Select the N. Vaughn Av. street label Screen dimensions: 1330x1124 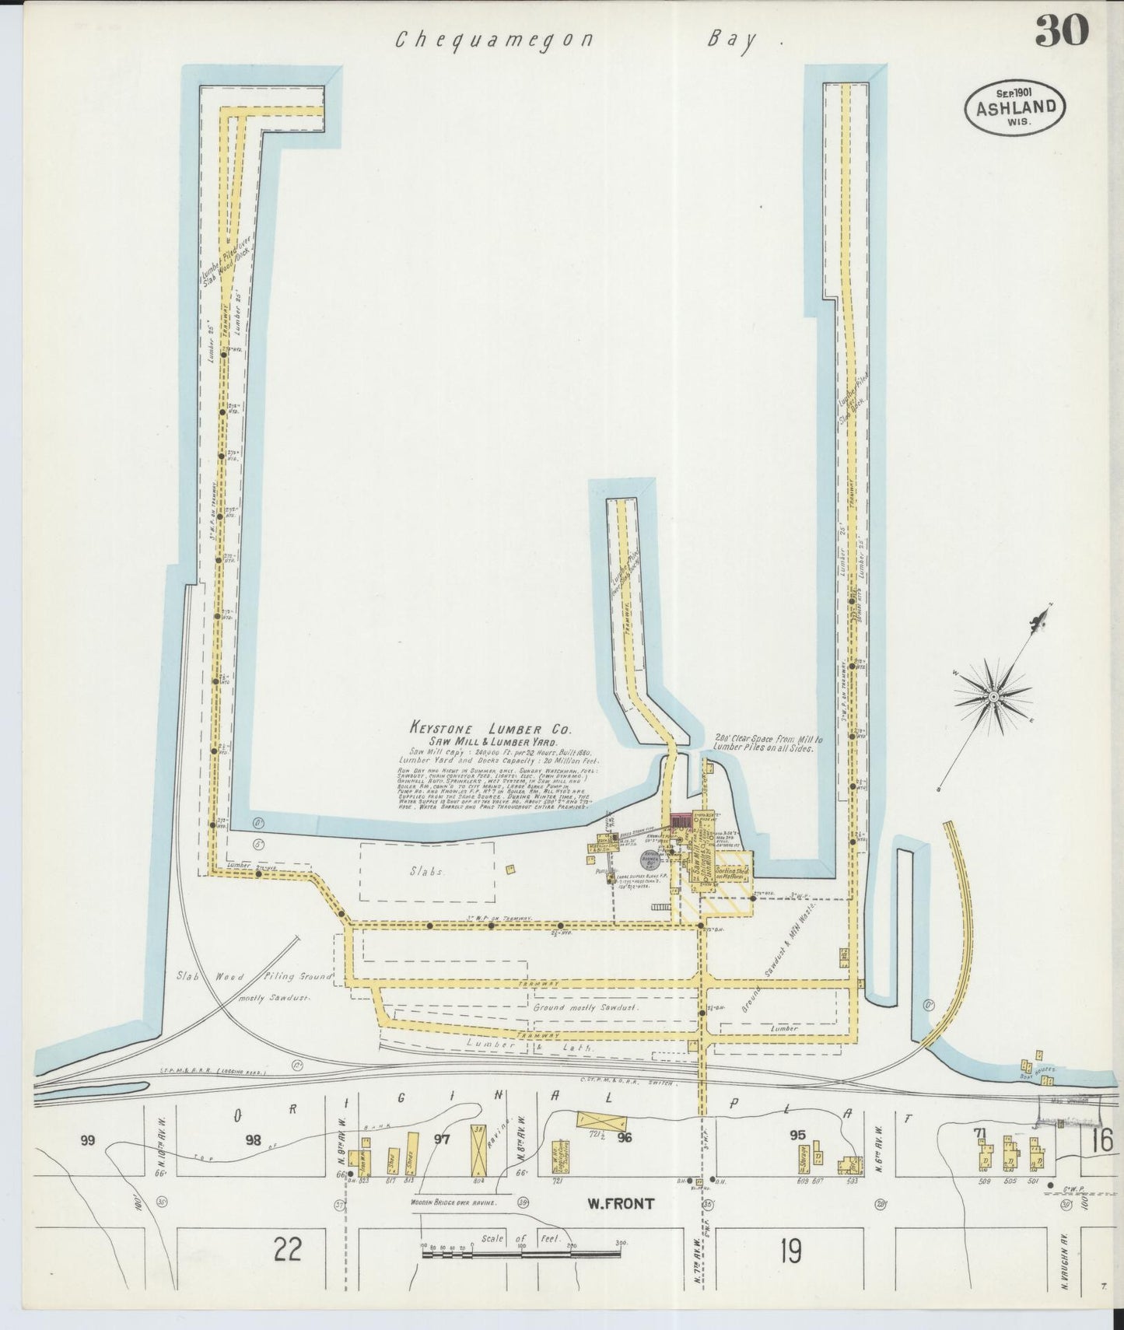pos(1084,1272)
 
